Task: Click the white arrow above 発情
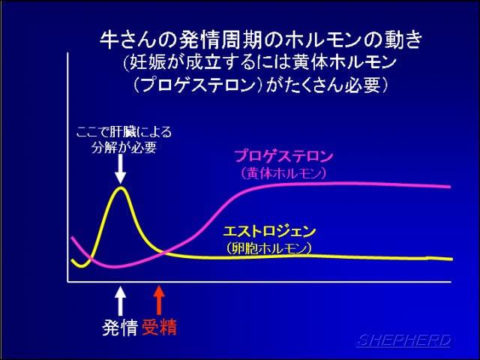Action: [120, 301]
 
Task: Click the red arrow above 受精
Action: [159, 300]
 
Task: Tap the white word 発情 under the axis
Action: [120, 328]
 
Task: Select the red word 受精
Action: [159, 327]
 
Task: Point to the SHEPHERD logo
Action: [403, 340]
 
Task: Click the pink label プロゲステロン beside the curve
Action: [283, 156]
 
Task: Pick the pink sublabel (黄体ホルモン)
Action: [283, 173]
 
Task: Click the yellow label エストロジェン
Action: [269, 232]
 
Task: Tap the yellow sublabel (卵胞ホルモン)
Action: [269, 248]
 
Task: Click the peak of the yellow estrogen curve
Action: [121, 187]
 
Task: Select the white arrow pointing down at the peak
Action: [120, 168]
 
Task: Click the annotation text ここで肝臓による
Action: [124, 132]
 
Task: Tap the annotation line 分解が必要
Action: [124, 148]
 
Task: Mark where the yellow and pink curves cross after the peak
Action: [164, 253]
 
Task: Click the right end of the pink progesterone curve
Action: [450, 187]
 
